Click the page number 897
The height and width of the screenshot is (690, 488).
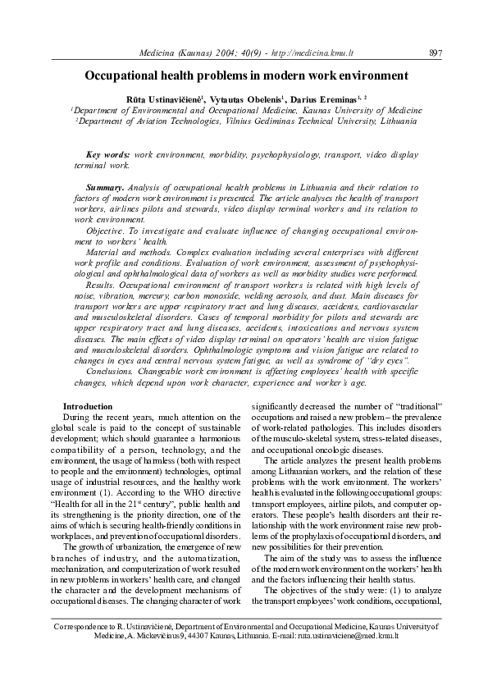(x=436, y=53)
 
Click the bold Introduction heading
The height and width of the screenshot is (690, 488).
(x=88, y=407)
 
